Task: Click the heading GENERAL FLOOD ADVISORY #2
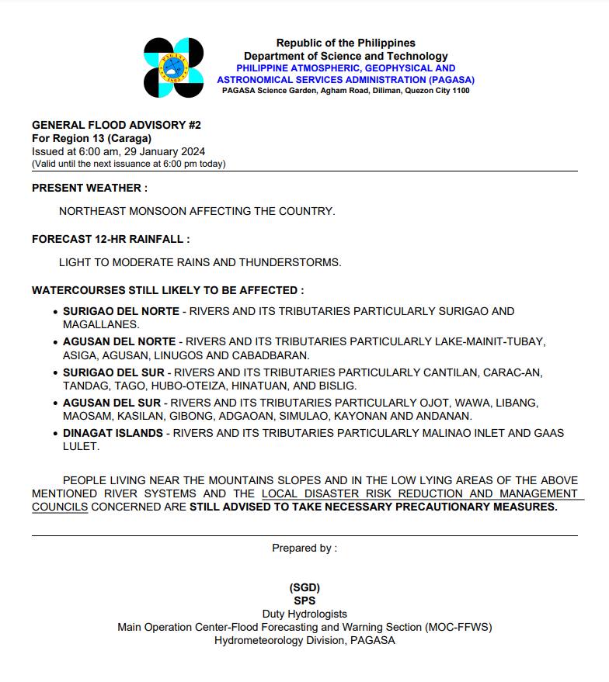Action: coord(117,125)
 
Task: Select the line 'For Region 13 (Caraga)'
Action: coord(92,138)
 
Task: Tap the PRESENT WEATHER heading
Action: coord(89,188)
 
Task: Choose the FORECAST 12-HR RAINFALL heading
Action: coord(110,239)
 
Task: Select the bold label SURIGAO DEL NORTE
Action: coord(121,311)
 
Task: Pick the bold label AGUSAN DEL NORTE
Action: coord(120,341)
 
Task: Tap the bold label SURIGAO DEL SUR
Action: coord(113,372)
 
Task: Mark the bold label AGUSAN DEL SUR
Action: coord(112,403)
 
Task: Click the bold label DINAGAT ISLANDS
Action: coord(113,433)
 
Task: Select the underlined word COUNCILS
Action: coord(60,507)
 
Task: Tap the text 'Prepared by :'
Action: coord(304,548)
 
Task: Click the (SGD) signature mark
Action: coord(304,587)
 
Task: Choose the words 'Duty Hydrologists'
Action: coord(304,614)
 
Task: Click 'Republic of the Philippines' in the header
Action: coord(346,43)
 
